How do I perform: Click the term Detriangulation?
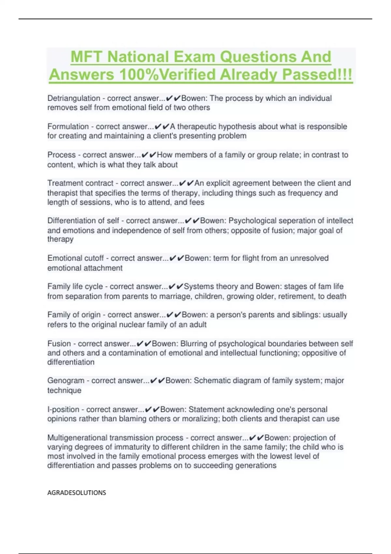[74, 98]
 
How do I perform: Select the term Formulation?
[68, 126]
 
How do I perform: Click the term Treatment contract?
[80, 183]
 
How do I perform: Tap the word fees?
[197, 202]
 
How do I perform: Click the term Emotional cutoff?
[75, 258]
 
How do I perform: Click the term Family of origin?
[74, 315]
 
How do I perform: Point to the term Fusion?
[59, 343]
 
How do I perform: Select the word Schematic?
[212, 381]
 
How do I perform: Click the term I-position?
[63, 409]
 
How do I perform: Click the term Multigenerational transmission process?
[115, 438]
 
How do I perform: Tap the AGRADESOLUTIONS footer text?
[77, 493]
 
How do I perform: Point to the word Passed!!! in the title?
[317, 75]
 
